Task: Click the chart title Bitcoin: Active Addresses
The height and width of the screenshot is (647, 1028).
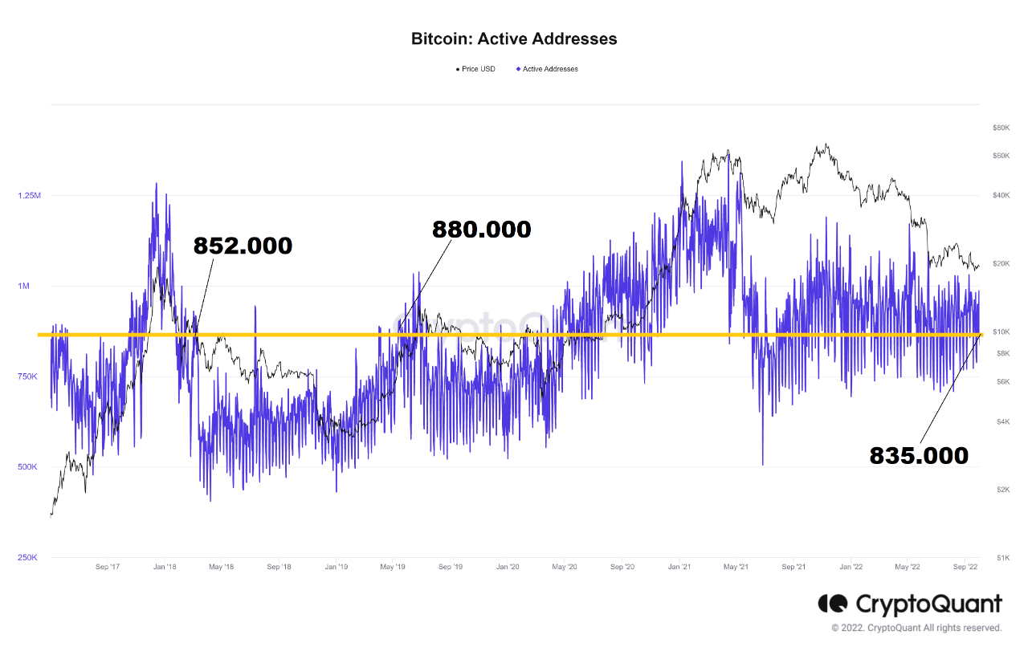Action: [514, 39]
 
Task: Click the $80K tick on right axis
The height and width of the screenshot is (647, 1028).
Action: [1001, 128]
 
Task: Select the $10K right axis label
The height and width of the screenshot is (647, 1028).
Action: [1001, 332]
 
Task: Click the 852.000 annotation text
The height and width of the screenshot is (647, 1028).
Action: [243, 246]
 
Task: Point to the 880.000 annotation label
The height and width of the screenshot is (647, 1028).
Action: [481, 230]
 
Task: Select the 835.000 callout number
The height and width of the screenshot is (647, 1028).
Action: [919, 456]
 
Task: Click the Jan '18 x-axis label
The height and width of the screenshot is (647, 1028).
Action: [165, 567]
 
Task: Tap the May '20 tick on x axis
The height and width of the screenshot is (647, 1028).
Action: [565, 567]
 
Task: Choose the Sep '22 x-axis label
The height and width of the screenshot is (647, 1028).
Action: [965, 567]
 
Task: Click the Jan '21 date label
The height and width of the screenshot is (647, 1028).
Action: [679, 567]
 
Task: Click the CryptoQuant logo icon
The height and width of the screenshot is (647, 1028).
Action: [833, 604]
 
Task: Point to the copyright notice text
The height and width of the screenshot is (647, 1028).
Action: [916, 628]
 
